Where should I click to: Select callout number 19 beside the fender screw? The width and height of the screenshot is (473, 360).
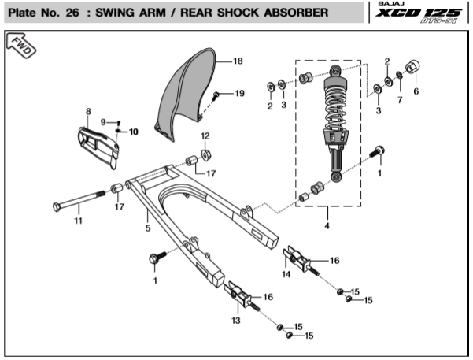click(239, 94)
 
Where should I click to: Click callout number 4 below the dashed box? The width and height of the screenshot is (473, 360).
click(327, 226)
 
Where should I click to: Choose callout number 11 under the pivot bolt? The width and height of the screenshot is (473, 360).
click(78, 221)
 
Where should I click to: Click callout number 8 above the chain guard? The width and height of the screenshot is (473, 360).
click(88, 112)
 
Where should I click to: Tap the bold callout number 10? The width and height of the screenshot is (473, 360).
click(133, 132)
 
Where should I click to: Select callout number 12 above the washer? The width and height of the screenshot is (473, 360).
click(205, 136)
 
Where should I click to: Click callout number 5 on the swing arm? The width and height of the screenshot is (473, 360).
click(147, 228)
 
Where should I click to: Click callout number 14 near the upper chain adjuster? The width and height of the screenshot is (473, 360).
click(286, 274)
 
